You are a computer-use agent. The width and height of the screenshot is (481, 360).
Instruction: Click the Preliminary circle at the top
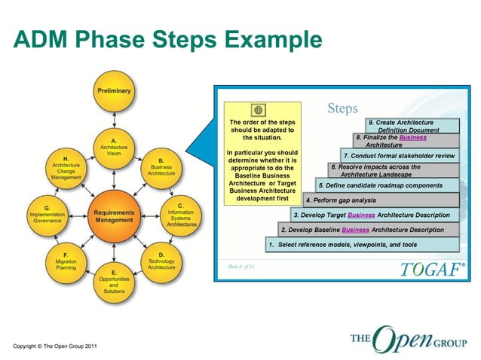tap(113, 91)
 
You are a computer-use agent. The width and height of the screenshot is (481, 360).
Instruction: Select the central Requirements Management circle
tap(113, 216)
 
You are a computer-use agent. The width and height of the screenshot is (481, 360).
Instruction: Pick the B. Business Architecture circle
tap(161, 166)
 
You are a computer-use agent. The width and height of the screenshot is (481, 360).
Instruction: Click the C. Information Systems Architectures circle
tap(180, 215)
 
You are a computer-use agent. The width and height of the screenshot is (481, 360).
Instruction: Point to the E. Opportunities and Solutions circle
tap(113, 282)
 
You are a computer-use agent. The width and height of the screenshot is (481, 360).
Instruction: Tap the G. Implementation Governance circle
tap(47, 215)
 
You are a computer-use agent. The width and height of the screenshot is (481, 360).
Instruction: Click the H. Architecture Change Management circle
tap(66, 166)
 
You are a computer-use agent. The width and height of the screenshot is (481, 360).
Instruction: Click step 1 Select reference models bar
tap(361, 245)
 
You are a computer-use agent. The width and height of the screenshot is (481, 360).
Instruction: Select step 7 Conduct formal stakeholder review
tap(399, 156)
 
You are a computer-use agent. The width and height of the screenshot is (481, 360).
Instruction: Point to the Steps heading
tap(343, 108)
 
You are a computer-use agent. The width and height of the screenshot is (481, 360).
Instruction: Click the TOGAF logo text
tap(427, 268)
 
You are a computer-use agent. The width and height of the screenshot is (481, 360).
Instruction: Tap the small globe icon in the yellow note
tap(249, 111)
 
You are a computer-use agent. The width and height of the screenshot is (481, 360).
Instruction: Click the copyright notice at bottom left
tap(54, 346)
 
